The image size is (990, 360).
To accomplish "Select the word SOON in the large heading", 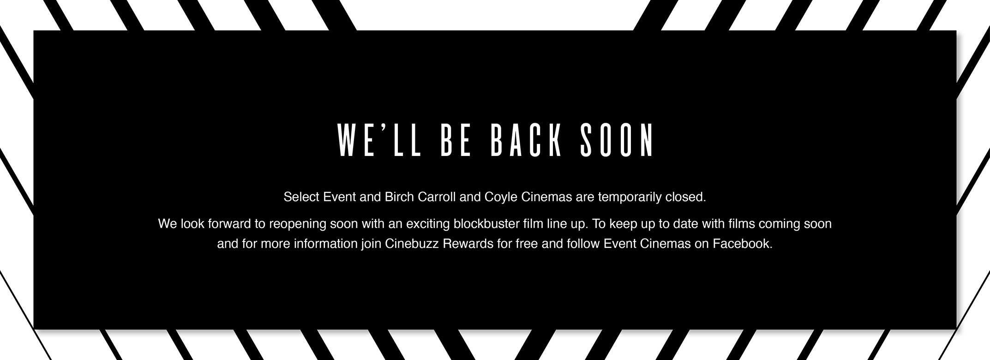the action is click(617, 140).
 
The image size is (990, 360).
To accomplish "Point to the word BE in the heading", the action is click(456, 140).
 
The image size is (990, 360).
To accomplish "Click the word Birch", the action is click(399, 197).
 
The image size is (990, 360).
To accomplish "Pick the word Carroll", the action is click(437, 197).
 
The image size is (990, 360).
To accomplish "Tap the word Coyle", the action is click(501, 198).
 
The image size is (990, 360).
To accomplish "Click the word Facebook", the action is click(743, 243).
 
